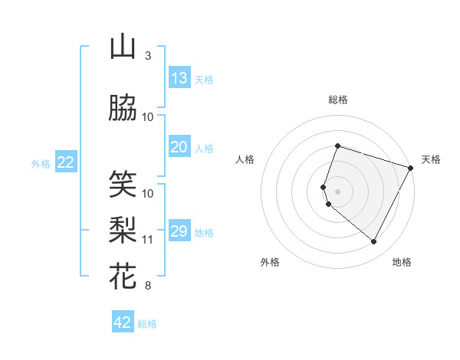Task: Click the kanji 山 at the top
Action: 123,47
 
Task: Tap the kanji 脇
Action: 123,110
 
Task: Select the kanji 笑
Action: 123,183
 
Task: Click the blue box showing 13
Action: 179,78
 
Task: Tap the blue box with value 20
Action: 179,147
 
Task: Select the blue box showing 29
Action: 179,231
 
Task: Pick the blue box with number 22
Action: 66,162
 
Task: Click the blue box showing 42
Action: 123,322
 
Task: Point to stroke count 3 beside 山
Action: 147,56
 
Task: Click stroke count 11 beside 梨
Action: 148,240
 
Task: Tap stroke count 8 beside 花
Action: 147,286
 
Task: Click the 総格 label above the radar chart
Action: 338,100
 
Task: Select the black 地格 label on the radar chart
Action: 402,262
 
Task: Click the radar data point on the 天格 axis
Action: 412,167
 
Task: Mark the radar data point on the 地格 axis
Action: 374,242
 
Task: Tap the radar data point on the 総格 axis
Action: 337,146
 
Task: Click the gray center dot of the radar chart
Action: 337,191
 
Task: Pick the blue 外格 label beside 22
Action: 41,163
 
